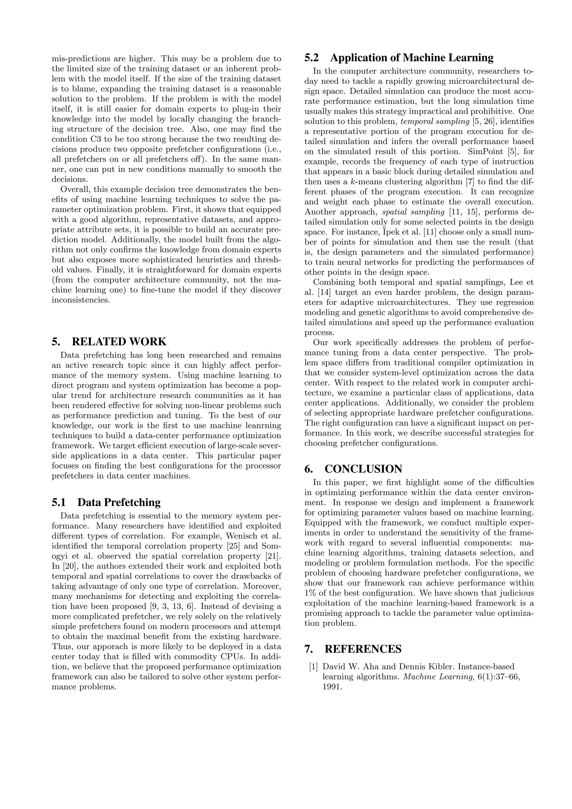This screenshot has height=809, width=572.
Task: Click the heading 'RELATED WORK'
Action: [119, 341]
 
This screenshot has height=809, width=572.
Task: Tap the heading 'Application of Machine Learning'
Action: [412, 58]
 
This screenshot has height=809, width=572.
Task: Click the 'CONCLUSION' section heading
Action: [363, 469]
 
